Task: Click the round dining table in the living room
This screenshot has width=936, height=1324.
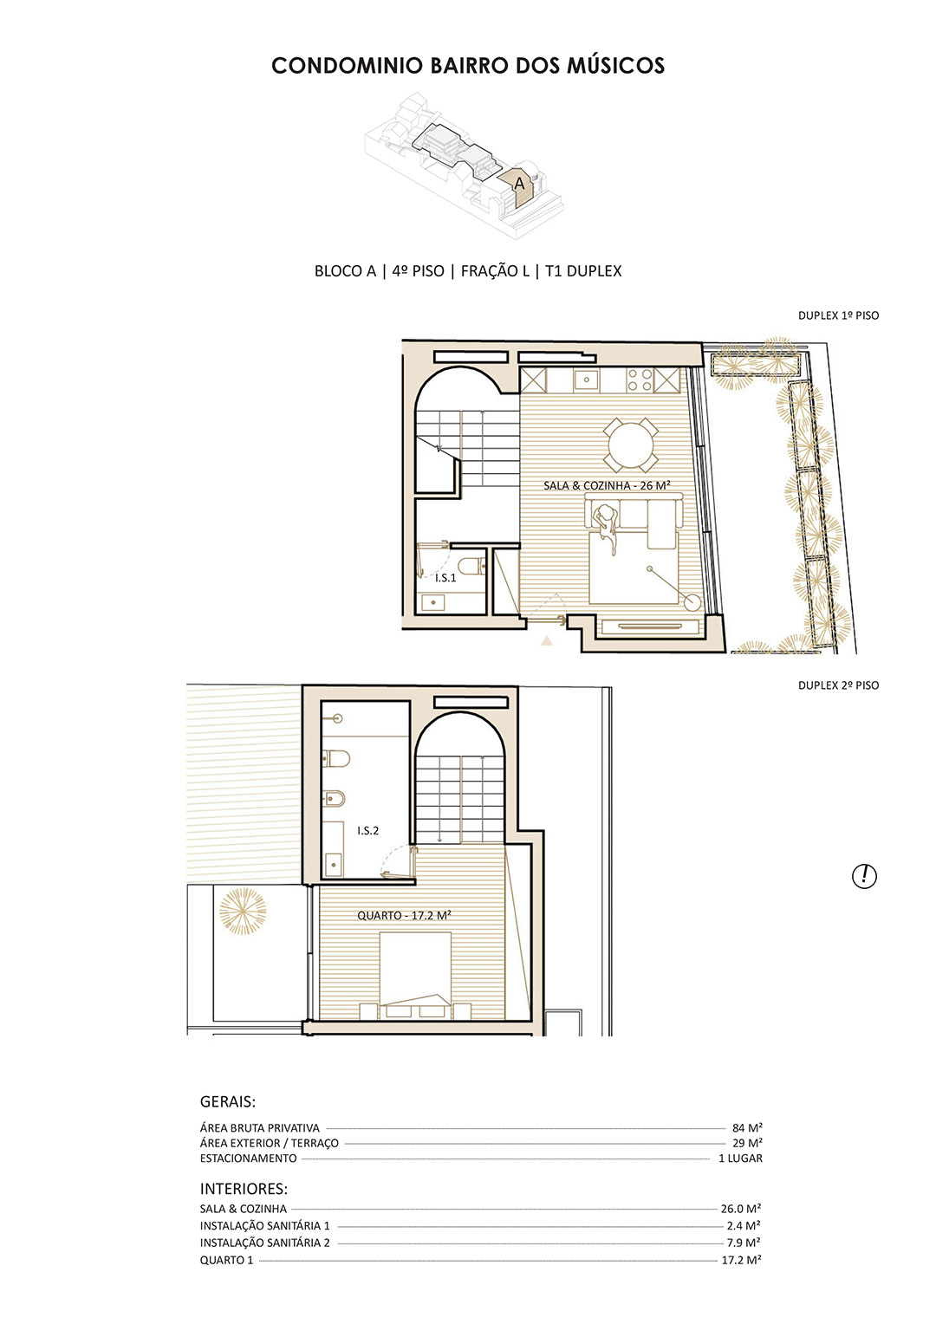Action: tap(630, 445)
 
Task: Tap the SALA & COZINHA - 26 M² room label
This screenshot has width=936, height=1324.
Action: tap(607, 485)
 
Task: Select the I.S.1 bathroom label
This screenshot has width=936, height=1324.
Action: tap(445, 578)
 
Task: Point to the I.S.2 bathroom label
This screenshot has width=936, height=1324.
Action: tap(367, 830)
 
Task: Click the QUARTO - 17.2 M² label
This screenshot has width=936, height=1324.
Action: tap(404, 915)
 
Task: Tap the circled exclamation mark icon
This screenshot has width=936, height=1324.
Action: tap(864, 876)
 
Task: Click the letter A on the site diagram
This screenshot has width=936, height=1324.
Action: tap(519, 184)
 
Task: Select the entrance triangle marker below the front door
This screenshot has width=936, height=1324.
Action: tap(546, 640)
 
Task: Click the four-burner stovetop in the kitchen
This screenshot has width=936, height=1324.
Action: tap(640, 380)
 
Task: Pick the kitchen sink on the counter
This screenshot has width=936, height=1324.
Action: tap(585, 380)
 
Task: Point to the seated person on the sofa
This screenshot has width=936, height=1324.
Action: tap(607, 525)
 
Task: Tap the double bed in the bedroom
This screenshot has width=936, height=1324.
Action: tap(415, 976)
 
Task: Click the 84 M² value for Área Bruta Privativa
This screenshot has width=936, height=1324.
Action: tap(747, 1128)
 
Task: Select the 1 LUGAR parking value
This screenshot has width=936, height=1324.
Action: tap(740, 1158)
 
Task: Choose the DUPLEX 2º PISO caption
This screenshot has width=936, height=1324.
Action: tap(838, 685)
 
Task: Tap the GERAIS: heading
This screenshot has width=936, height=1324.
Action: tap(228, 1102)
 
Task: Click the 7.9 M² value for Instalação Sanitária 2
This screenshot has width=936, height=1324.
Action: tap(744, 1243)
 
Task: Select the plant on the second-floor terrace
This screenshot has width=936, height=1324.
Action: tap(243, 912)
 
